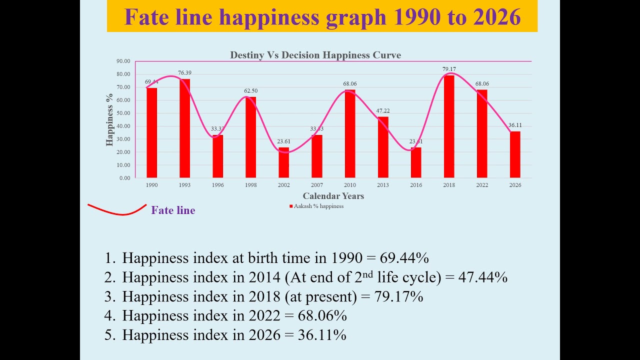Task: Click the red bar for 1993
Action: click(184, 128)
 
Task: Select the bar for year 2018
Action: click(449, 126)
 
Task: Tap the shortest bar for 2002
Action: click(283, 162)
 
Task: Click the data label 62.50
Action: click(250, 91)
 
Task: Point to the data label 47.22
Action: click(383, 110)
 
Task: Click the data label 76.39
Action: click(185, 73)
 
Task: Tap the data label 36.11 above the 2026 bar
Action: click(515, 125)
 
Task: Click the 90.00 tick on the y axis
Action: click(123, 61)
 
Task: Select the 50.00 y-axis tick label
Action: click(123, 113)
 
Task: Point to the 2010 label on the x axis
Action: click(350, 185)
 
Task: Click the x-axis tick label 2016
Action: click(416, 185)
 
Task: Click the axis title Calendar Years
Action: click(333, 196)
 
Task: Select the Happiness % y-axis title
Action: click(110, 119)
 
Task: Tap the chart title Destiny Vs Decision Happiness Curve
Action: click(315, 55)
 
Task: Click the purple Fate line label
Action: click(173, 210)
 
